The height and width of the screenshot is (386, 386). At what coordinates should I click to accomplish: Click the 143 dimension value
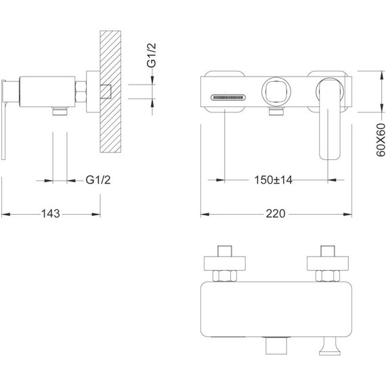51,213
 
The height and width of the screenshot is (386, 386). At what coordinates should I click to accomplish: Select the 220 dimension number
276,213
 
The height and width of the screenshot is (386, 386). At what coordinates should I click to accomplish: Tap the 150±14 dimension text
274,180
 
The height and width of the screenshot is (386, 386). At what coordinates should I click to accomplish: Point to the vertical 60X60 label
381,140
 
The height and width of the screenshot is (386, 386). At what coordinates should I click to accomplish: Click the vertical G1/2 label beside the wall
152,56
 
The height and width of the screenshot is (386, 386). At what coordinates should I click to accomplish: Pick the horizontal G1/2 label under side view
98,180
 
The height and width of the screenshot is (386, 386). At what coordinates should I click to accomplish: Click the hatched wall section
110,91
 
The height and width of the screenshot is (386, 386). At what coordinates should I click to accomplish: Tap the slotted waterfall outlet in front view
228,98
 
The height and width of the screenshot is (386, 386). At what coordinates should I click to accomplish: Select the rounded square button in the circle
276,91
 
